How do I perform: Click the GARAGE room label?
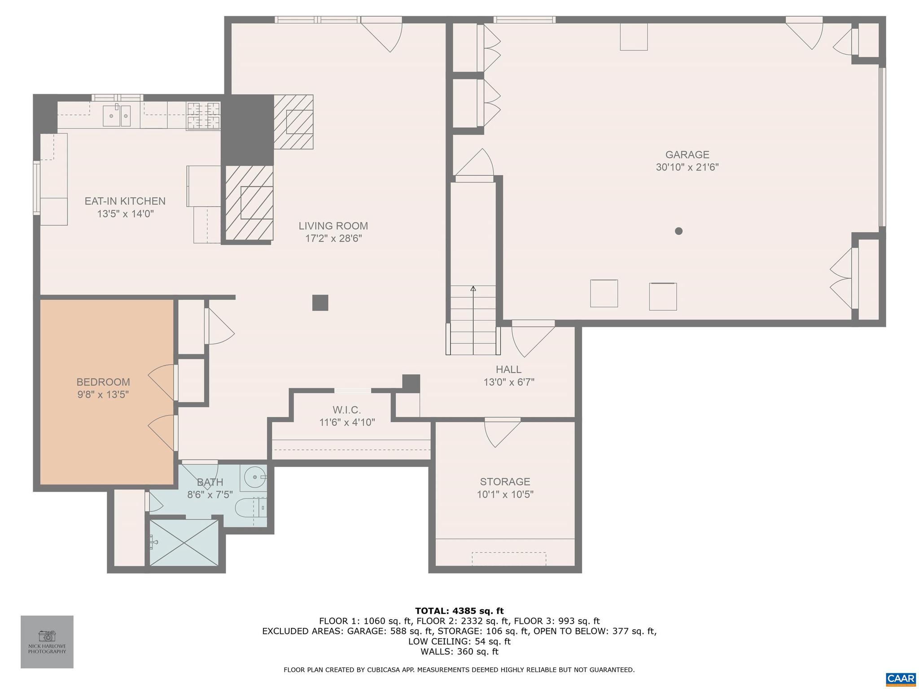tap(687, 155)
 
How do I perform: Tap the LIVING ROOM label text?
tap(333, 226)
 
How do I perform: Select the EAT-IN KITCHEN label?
tap(125, 201)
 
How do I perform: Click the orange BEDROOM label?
tap(103, 382)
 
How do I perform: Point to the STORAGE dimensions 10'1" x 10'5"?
tap(505, 494)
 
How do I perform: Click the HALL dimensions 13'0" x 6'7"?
tap(508, 382)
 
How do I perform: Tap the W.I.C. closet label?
tap(346, 410)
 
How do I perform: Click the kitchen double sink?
tap(117, 116)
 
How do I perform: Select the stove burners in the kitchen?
tap(204, 116)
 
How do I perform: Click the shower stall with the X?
tap(184, 543)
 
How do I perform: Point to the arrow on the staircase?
tap(473, 289)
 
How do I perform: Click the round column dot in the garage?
tap(678, 231)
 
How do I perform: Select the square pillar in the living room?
tap(320, 303)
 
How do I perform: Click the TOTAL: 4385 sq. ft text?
tap(459, 611)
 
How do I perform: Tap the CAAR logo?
tap(901, 678)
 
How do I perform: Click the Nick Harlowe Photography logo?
tap(47, 641)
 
